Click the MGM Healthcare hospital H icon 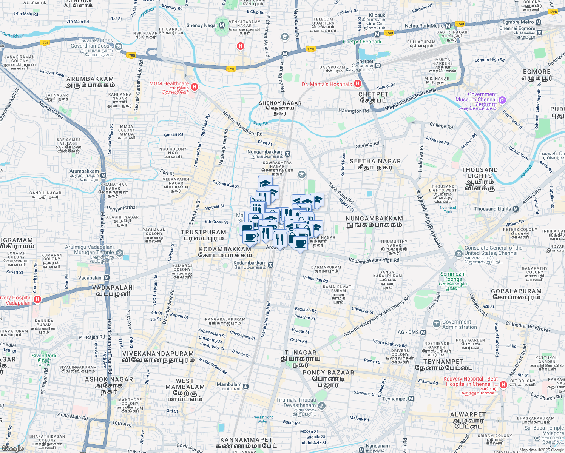[195, 87]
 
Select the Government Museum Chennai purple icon [502, 100]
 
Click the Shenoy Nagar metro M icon [222, 25]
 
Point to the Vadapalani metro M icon [107, 278]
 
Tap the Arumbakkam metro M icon [103, 176]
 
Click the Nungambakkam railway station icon [288, 154]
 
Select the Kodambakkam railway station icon [271, 265]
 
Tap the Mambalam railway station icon [246, 386]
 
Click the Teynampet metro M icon [411, 399]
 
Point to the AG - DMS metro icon [423, 333]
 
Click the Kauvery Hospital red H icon [503, 385]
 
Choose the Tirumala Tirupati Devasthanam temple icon [321, 406]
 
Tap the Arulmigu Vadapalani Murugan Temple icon [119, 253]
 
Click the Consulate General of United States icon [458, 253]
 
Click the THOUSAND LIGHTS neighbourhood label [479, 173]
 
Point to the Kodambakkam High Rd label [374, 260]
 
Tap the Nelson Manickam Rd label [242, 123]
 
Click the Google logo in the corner [13, 448]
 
